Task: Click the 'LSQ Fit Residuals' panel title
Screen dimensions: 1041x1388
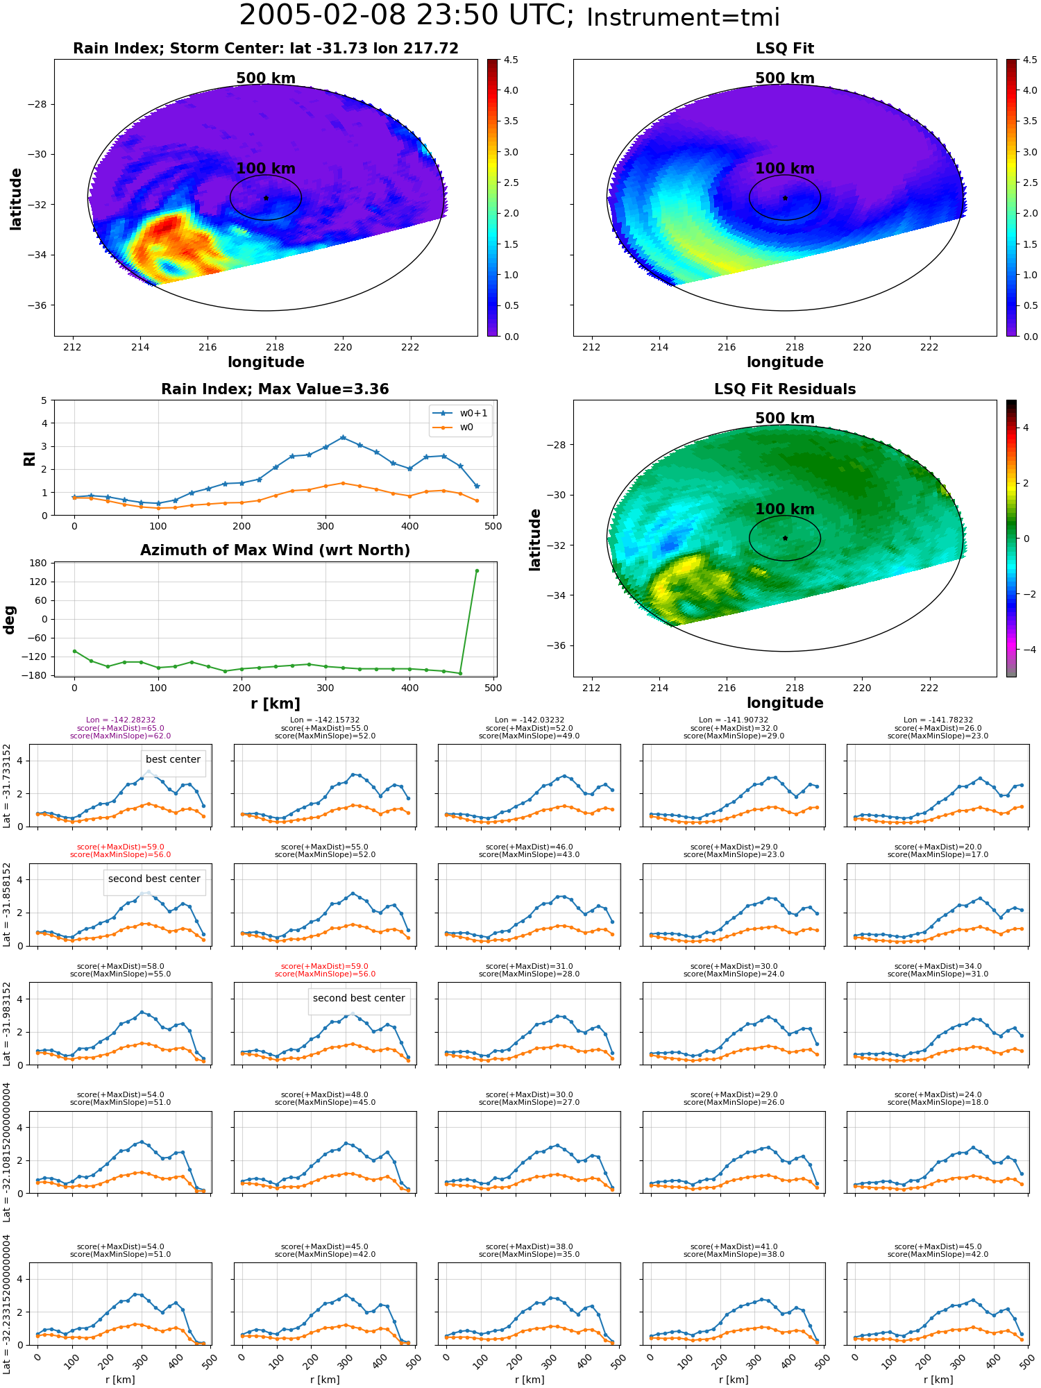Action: [785, 389]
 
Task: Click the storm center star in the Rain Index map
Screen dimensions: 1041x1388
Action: [266, 198]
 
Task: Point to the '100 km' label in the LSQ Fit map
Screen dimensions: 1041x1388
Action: [785, 169]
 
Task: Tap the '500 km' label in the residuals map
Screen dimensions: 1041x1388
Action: [785, 418]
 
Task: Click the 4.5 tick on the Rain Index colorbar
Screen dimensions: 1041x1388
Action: [511, 60]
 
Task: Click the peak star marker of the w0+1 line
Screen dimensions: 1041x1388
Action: [343, 438]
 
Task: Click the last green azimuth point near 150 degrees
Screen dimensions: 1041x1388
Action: [477, 570]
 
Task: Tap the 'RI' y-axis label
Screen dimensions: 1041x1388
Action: [30, 458]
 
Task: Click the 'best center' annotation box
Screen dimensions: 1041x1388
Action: [173, 760]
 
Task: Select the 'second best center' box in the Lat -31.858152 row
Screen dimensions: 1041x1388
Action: [154, 879]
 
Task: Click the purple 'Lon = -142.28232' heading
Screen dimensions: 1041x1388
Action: [121, 720]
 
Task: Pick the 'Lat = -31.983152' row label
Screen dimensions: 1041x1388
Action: [7, 1024]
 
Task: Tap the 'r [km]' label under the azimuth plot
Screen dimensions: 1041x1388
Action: [276, 704]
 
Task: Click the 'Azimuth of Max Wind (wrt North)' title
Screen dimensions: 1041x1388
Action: [276, 550]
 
